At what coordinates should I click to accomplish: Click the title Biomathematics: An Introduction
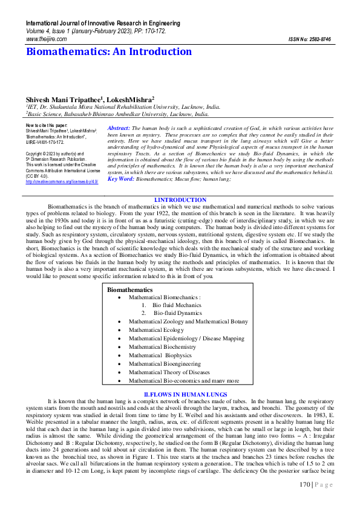pyautogui.click(x=109, y=52)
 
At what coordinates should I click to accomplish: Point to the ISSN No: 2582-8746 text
pyautogui.click(x=310, y=39)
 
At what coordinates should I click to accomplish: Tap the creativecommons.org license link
pyautogui.click(x=62, y=181)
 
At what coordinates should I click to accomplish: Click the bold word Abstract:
pyautogui.click(x=119, y=129)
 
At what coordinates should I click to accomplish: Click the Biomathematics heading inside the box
pyautogui.click(x=129, y=290)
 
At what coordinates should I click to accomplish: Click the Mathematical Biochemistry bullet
pyautogui.click(x=162, y=347)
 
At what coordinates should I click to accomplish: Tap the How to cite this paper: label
pyautogui.click(x=47, y=125)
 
